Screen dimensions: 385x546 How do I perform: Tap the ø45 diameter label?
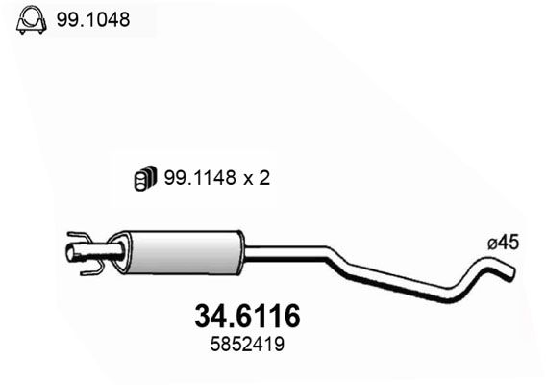[503, 244]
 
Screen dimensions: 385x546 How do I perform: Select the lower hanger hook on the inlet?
[88, 270]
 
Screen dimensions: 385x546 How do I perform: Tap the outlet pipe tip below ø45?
[510, 273]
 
